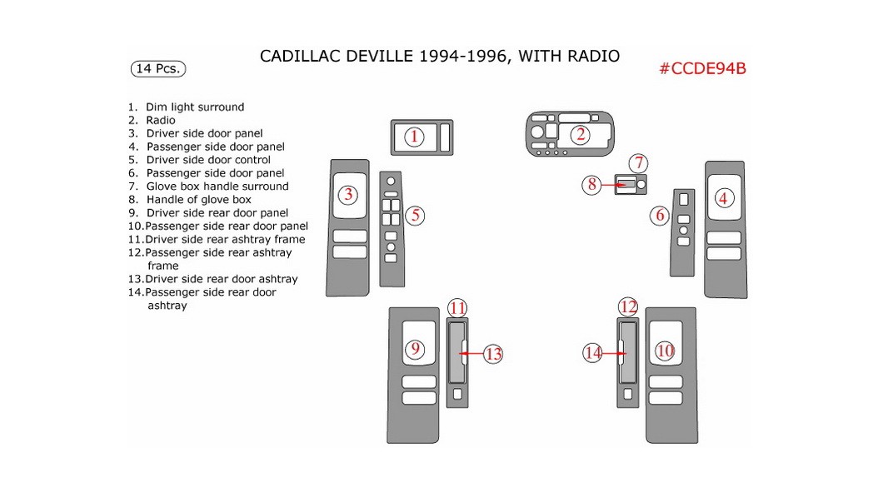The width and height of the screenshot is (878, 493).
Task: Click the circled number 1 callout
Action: point(415,137)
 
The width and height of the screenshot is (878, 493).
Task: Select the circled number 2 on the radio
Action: point(580,134)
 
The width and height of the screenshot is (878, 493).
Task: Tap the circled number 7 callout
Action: point(638,163)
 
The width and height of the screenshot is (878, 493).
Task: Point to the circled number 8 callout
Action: point(592,185)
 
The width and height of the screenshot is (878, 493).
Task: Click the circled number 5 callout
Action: point(417,216)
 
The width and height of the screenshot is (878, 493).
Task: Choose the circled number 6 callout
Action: point(660,216)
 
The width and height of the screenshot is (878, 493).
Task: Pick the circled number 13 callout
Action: point(493,354)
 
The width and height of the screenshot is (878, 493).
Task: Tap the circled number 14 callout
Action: point(592,353)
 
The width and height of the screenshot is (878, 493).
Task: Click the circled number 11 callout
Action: point(457,308)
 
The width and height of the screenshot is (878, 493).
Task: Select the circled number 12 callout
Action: point(628,307)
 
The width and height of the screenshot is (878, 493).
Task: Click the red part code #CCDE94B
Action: point(702,68)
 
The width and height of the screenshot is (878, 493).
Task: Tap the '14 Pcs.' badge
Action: point(158,68)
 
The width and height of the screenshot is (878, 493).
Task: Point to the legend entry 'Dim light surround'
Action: point(194,107)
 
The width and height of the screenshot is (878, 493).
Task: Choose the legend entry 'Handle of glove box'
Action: point(198,200)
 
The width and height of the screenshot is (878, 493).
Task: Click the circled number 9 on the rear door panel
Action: point(415,350)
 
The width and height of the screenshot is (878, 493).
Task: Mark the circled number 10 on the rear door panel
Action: point(664,351)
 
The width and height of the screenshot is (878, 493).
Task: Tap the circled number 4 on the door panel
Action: point(723,198)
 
